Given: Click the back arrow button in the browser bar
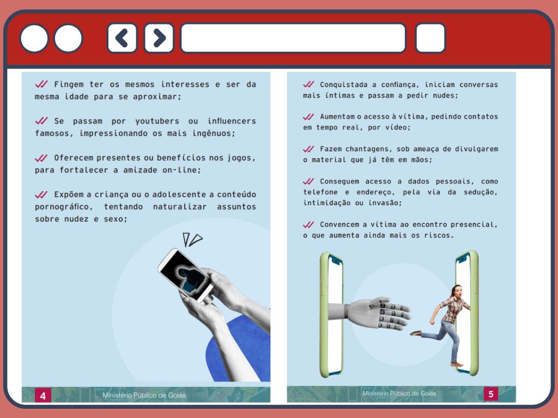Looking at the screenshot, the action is coord(122,38).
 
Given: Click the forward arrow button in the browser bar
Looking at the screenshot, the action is coord(159,38).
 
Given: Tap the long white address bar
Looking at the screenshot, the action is coord(293,38).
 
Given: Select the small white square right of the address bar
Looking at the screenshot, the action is coord(430,38).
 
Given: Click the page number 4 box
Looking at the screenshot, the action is coord(43,396).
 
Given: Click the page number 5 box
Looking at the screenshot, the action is coord(491,394).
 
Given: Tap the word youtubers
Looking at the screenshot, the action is coord(157,121).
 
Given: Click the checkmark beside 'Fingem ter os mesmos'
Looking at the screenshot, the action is coord(41,84).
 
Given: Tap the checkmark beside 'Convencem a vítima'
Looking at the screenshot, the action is coord(308,225).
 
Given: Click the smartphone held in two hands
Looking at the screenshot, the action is coord(185,275).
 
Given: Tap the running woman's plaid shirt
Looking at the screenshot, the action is coord(452,309).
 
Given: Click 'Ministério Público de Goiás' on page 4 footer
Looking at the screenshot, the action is coord(144,395).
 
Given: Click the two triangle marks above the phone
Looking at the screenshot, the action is coord(192,239).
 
